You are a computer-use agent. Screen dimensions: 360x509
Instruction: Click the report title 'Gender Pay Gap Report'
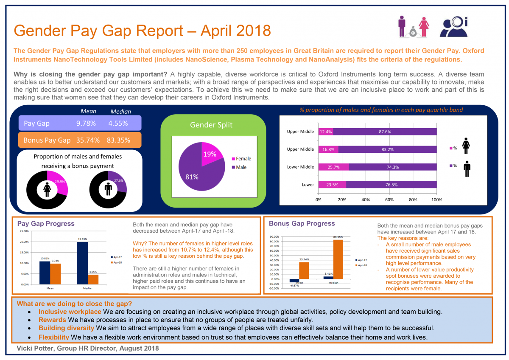coord(142,31)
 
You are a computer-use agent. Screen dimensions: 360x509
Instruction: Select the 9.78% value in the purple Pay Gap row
coord(86,124)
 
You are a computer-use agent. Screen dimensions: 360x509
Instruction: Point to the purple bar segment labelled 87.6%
coord(385,132)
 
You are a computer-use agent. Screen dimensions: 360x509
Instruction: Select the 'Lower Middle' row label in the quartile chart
coord(300,167)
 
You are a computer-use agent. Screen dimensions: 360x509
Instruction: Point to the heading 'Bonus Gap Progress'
coord(302,224)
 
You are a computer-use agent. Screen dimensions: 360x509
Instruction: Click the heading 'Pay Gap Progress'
coord(45,224)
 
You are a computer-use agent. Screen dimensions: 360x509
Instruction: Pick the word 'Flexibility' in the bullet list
coord(54,337)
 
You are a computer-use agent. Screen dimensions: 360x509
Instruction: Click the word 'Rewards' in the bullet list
coord(52,320)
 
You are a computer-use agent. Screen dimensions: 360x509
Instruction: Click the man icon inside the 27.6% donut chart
coord(108,189)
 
